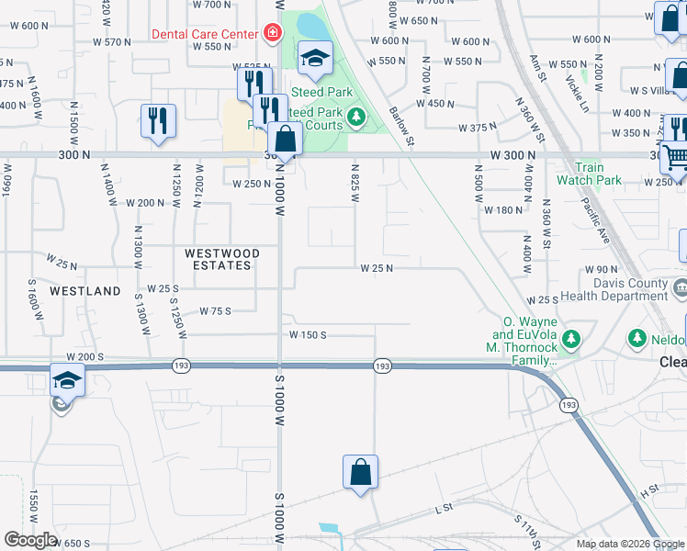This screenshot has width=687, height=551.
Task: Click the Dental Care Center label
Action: click(205, 34)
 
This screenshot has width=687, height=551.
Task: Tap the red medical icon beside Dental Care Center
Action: click(272, 34)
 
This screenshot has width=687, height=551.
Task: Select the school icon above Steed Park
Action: click(315, 60)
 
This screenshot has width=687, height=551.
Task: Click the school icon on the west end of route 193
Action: click(68, 380)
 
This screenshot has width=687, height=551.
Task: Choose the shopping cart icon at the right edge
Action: click(676, 157)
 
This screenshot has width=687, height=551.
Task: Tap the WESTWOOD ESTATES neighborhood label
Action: click(221, 259)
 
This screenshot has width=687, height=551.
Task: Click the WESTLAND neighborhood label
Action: click(85, 291)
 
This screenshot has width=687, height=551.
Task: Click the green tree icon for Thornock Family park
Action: click(571, 340)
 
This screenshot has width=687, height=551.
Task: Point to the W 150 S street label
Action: click(308, 335)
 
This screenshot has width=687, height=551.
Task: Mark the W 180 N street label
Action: click(502, 210)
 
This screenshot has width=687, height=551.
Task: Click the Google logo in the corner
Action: click(30, 539)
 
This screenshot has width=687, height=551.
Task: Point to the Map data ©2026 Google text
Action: click(629, 544)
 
